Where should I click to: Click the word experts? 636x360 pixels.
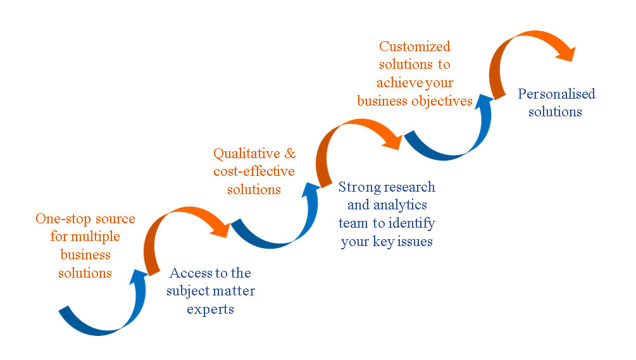(x=210, y=309)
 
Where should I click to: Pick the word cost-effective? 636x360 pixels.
(x=254, y=171)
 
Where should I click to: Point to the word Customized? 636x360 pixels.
(x=415, y=46)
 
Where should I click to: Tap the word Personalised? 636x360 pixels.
(x=556, y=94)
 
